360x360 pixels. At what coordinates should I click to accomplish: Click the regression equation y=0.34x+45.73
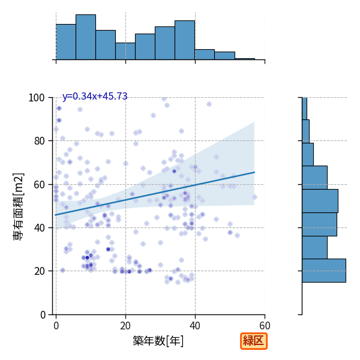click(x=95, y=96)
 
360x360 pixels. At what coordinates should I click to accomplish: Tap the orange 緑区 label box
click(x=254, y=341)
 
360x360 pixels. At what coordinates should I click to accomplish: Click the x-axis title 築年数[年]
click(x=158, y=341)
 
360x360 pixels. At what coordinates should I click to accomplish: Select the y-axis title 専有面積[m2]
click(x=19, y=206)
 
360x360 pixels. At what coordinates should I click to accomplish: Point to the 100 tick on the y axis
click(x=36, y=98)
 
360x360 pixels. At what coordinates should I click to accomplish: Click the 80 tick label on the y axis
click(x=39, y=141)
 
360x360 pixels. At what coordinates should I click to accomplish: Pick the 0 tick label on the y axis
click(x=43, y=315)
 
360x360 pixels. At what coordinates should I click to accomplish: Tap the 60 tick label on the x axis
click(x=265, y=326)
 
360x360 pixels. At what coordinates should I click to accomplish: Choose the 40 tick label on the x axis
click(x=195, y=326)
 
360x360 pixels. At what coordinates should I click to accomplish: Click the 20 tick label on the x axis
click(x=125, y=326)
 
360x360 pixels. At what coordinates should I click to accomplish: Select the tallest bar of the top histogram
click(x=86, y=37)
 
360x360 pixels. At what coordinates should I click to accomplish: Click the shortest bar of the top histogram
click(x=245, y=59)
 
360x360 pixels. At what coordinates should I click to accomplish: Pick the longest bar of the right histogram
click(x=324, y=271)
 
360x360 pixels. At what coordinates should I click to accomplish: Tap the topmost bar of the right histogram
click(x=304, y=109)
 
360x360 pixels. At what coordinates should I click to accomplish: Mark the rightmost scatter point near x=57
click(x=254, y=197)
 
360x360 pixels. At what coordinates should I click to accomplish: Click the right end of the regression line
click(x=254, y=172)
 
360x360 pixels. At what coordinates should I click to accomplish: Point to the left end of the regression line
click(x=55, y=215)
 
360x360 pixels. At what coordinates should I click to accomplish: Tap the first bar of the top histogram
click(x=66, y=42)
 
